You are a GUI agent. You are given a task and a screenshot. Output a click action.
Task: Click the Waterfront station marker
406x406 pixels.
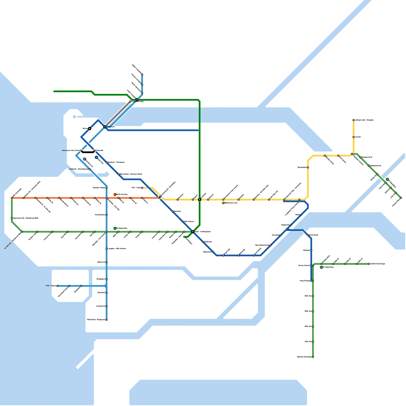(105, 127)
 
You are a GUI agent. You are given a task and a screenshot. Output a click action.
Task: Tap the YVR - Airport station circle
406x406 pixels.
(58, 286)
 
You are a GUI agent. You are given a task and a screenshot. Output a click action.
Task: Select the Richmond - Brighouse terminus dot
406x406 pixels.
(107, 320)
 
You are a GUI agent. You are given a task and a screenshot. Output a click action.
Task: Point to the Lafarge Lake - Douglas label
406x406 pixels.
(364, 120)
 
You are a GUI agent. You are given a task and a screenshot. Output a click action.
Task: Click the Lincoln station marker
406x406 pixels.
(353, 137)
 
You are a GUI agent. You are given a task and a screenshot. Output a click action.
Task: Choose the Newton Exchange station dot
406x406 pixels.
(313, 357)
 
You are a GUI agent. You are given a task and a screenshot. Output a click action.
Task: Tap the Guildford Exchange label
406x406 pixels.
(378, 264)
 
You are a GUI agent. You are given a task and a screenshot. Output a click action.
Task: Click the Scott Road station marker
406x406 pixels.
(308, 235)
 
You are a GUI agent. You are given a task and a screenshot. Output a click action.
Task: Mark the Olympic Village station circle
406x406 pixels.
(107, 188)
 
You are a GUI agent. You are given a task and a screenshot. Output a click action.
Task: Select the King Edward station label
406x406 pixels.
(100, 215)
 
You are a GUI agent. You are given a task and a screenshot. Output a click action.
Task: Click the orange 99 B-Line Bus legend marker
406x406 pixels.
(115, 195)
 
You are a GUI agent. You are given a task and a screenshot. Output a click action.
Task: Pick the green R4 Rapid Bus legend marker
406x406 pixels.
(115, 228)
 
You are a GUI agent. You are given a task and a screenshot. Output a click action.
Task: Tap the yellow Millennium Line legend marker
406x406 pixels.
(223, 203)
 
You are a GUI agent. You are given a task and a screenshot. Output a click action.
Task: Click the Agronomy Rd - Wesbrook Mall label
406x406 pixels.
(26, 218)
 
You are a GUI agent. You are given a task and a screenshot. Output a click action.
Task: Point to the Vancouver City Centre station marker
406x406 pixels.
(81, 150)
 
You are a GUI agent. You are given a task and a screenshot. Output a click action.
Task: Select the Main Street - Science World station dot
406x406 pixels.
(119, 174)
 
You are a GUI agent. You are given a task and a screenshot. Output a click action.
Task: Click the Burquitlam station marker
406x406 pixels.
(308, 167)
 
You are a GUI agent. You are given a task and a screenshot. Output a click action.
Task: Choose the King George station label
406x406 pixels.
(305, 281)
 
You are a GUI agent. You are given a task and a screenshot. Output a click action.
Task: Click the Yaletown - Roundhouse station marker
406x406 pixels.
(90, 169)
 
